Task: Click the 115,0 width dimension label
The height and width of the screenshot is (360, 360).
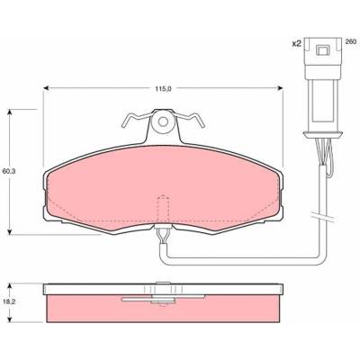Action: point(163,88)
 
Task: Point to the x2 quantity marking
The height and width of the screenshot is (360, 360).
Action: point(296,44)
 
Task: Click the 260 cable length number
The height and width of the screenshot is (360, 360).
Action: point(350,42)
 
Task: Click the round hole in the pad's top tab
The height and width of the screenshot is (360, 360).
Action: point(163,121)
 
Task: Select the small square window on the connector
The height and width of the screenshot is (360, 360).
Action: point(323,49)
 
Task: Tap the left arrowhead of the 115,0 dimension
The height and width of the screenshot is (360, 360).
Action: point(46,88)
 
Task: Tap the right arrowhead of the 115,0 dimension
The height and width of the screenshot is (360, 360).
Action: point(281,88)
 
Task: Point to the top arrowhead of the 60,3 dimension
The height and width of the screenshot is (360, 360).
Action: point(10,112)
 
